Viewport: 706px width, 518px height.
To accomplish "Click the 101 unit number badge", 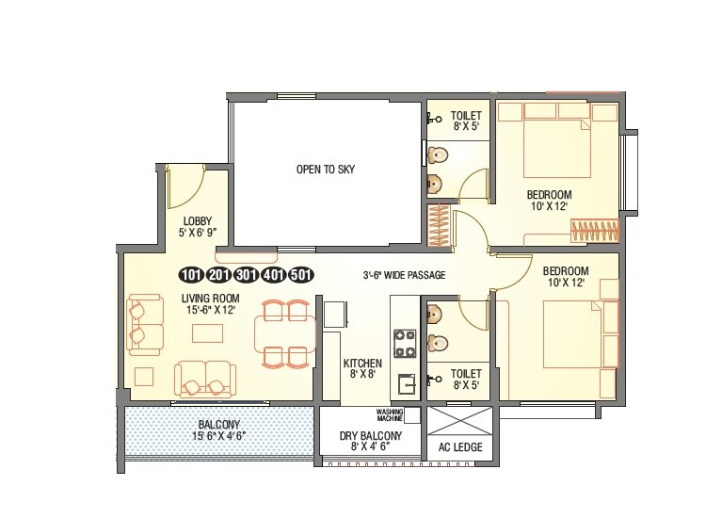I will click(191, 275).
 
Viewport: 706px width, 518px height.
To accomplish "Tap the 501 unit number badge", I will click(301, 275).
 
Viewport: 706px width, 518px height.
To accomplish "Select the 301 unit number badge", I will click(247, 275).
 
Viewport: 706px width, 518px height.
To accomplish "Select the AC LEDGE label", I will click(460, 447).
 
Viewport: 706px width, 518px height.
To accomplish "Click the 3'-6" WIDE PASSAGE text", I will click(404, 275).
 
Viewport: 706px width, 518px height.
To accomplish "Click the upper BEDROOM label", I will click(548, 201).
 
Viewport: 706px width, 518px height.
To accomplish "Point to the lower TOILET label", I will click(465, 379).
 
